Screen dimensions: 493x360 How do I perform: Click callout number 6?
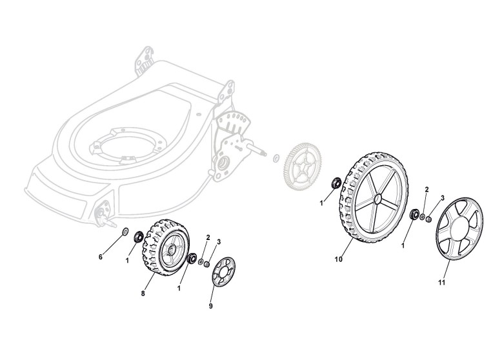[101, 257]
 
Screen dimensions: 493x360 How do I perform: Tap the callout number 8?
[143, 294]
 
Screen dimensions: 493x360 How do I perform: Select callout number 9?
[210, 306]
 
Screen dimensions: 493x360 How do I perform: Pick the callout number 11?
[442, 282]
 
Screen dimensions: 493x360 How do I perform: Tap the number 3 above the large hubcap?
[443, 197]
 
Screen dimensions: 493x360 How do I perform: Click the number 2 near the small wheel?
[208, 238]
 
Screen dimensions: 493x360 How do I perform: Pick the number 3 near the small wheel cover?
[219, 242]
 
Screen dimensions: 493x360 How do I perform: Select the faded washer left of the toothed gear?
[276, 157]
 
